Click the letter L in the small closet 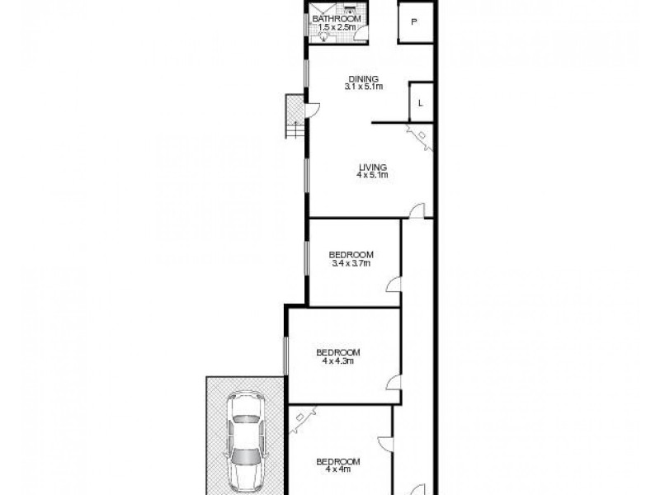(x=420, y=103)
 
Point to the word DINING (x=362, y=78)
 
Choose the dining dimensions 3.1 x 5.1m (x=362, y=87)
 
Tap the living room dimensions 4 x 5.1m (x=372, y=175)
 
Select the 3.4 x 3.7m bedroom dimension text (x=351, y=263)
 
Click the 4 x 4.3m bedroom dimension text (x=337, y=361)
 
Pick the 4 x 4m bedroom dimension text (x=338, y=469)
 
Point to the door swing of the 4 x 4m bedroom (x=384, y=442)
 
